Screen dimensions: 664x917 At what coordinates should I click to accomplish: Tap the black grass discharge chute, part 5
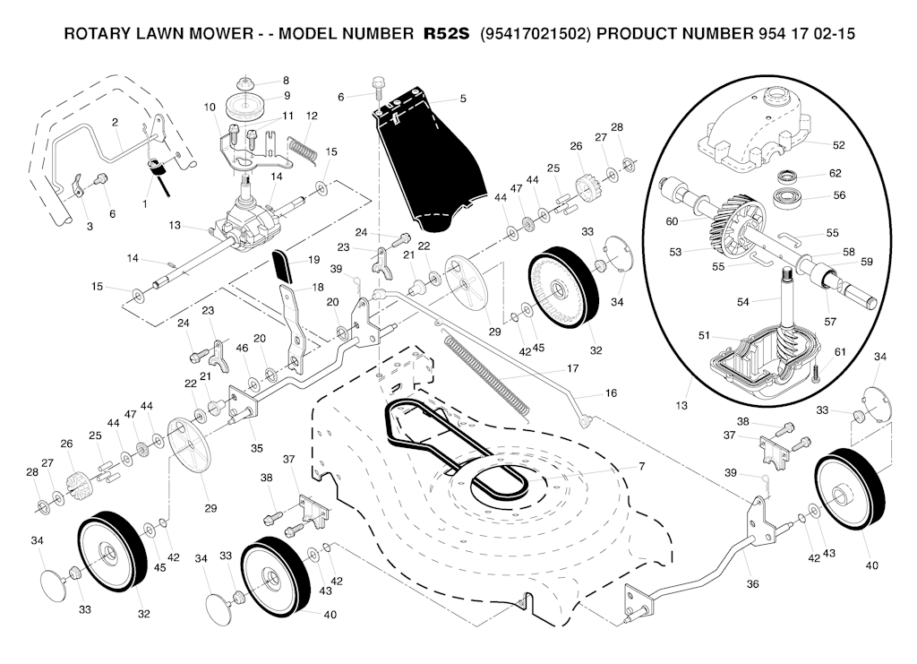pos(421,161)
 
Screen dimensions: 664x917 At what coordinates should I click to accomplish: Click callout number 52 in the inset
pos(838,144)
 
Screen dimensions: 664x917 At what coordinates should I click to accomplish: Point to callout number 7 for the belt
pos(641,466)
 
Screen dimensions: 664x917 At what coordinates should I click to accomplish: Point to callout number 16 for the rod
pos(612,392)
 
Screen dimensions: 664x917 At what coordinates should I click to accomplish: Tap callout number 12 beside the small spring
pos(312,116)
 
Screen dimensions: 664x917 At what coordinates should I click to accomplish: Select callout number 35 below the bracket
pos(257,447)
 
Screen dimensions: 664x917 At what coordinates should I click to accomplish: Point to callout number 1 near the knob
pos(145,204)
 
